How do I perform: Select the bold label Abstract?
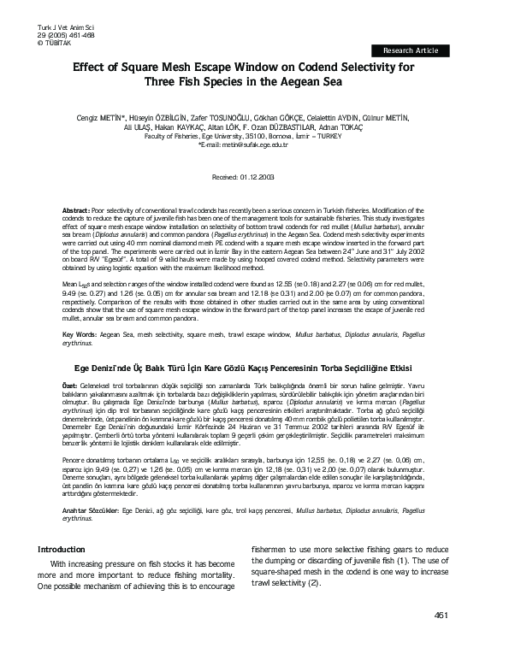click(78, 209)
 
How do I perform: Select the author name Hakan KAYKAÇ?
click(192, 127)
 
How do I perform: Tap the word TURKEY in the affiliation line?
click(347, 136)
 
